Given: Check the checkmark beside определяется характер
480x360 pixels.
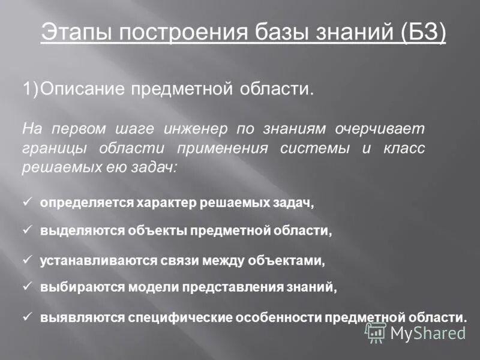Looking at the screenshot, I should pos(26,202).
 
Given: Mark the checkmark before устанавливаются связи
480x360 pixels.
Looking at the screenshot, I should pos(26,260).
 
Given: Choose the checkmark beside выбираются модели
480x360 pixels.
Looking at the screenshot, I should pos(26,286).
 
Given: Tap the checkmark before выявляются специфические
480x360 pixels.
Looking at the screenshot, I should pos(26,316).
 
